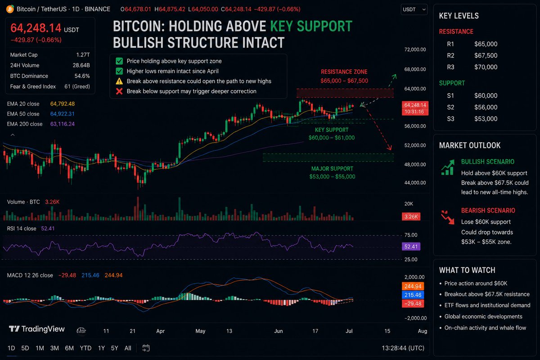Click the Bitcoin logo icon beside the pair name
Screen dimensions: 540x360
10,9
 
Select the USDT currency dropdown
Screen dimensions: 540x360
414,9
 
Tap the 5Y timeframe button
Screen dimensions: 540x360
114,348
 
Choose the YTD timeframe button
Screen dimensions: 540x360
85,348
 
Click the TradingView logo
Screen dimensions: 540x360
37,329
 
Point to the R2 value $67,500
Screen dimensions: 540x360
486,55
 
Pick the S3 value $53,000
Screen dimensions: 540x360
486,119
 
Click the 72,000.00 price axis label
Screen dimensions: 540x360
415,49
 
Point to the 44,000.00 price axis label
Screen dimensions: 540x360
415,183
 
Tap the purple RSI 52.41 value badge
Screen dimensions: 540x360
411,247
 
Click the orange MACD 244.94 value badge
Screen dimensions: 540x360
413,286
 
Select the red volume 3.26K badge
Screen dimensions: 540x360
411,216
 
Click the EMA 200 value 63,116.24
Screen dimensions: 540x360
63,124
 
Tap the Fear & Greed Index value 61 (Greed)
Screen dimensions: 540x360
77,86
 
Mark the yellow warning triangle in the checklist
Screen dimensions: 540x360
119,81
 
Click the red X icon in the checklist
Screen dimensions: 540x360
119,91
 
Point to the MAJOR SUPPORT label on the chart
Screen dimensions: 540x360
332,169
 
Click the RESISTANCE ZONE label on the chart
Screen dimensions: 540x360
344,72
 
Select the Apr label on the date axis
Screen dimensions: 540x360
160,331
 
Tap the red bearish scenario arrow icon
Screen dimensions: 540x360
447,217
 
